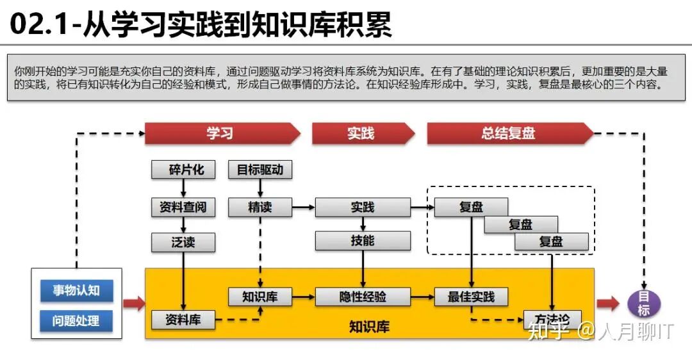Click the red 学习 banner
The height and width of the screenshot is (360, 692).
221,133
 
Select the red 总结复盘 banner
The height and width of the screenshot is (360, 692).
509,133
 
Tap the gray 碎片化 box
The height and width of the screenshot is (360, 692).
183,170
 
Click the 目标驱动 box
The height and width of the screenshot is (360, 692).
260,170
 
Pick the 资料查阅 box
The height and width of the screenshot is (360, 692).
183,207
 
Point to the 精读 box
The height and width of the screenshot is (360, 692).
260,207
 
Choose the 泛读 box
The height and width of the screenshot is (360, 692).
183,242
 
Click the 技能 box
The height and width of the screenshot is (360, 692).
363,241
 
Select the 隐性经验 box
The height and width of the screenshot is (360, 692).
363,297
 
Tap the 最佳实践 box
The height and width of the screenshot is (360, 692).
471,297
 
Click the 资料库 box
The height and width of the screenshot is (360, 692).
183,319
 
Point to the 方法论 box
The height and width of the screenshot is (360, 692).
552,319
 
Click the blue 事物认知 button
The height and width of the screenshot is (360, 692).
76,290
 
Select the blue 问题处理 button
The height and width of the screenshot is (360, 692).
76,320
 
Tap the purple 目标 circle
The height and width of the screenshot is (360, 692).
643,304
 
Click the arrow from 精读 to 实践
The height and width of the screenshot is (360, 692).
303,207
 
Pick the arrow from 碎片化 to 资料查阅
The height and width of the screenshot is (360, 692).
183,188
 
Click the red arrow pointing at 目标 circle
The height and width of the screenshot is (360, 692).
607,304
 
